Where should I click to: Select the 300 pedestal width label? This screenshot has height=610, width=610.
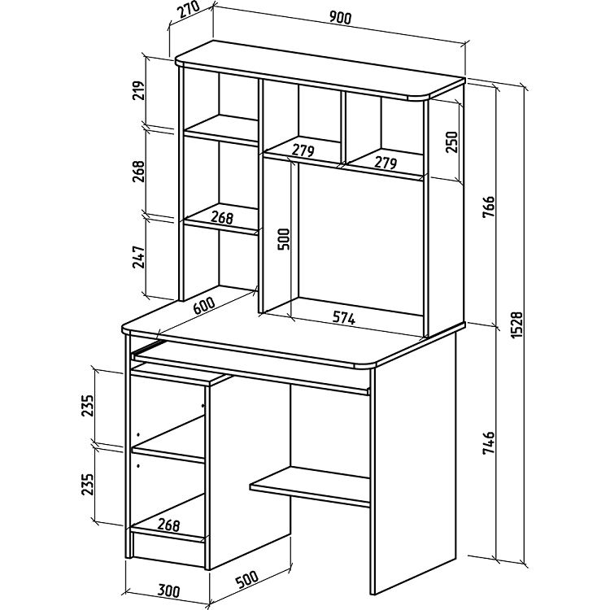point(168,590)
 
